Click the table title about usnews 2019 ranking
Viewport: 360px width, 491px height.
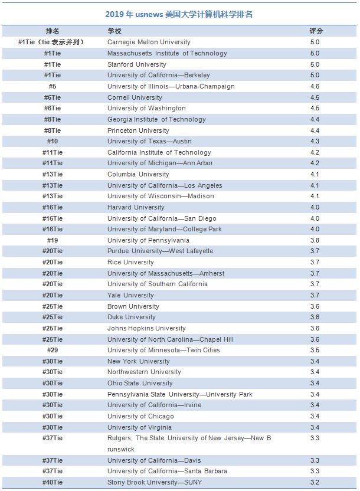coord(179,14)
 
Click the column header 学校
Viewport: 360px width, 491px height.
coord(114,31)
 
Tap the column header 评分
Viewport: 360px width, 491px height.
coord(316,31)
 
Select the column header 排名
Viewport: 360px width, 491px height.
coord(53,31)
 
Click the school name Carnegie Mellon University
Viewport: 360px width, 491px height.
coord(149,42)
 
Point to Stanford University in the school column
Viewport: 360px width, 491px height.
coord(137,64)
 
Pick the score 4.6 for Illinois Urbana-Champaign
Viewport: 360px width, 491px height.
coord(315,86)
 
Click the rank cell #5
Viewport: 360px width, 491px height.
coord(53,86)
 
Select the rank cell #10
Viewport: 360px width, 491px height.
coord(53,141)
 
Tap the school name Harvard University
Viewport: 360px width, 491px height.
coord(136,207)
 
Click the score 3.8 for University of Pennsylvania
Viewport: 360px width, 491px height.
coord(315,240)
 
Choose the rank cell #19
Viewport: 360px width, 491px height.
coord(53,240)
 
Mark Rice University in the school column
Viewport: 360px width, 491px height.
coord(130,262)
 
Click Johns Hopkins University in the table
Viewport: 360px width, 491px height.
coord(146,328)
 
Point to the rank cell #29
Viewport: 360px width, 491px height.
coord(53,350)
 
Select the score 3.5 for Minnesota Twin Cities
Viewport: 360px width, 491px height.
coord(315,350)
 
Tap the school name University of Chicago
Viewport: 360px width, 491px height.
coord(140,416)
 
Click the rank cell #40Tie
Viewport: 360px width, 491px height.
coord(53,482)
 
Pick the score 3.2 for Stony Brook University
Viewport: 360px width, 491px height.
coord(315,482)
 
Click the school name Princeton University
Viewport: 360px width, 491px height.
coord(138,130)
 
